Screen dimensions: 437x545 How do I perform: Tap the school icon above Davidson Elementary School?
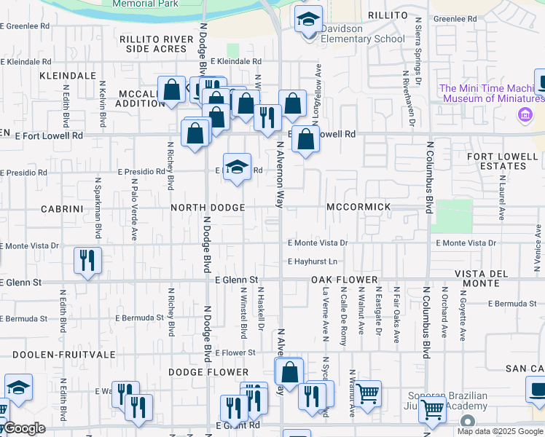(309, 19)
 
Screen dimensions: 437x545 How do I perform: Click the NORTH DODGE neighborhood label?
(208, 208)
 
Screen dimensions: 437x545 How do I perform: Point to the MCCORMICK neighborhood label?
(358, 208)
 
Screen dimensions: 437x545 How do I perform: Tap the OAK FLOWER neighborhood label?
(345, 280)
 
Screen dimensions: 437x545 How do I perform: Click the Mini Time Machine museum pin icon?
(523, 114)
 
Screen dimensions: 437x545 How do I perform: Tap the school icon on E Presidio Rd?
(237, 167)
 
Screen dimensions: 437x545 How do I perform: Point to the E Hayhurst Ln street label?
(313, 261)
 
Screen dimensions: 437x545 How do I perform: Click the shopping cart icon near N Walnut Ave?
(368, 394)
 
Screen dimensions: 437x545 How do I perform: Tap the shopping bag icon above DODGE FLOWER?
(290, 371)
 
